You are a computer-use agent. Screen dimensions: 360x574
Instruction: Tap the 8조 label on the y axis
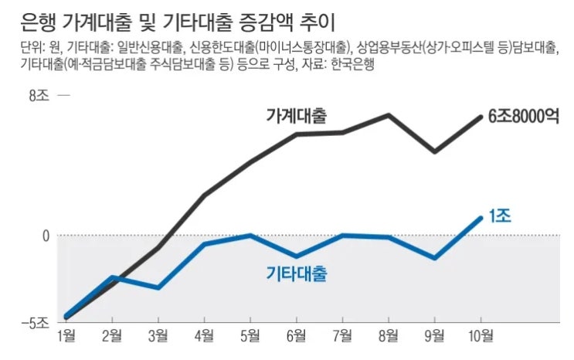tap(39, 96)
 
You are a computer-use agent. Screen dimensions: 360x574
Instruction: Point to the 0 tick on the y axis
tap(45, 235)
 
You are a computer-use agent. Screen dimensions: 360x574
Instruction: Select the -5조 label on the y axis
tap(36, 321)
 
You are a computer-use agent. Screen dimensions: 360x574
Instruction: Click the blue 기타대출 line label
tap(296, 274)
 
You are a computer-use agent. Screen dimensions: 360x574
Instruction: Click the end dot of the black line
tap(481, 117)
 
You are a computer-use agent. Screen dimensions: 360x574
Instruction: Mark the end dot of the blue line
tap(481, 218)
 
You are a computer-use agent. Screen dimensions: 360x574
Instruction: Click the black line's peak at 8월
tap(389, 115)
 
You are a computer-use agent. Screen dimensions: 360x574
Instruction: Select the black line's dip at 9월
tap(435, 151)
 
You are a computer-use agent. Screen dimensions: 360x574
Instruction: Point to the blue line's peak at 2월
tap(113, 277)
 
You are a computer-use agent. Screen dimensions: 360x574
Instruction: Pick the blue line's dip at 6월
tap(297, 256)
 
